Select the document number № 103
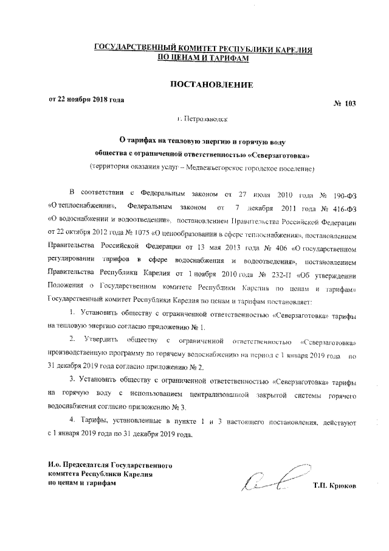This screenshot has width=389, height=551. [345, 104]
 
